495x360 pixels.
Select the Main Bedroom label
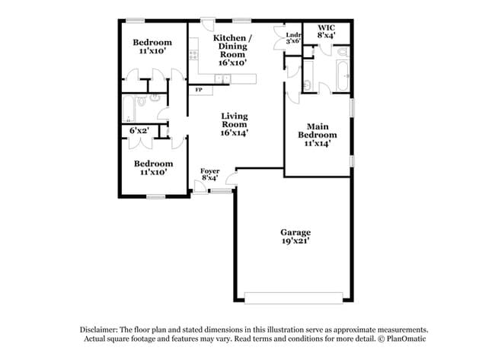click(317, 134)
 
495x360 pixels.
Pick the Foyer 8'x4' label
click(209, 174)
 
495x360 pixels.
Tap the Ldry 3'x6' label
click(294, 38)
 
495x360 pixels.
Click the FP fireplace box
click(200, 90)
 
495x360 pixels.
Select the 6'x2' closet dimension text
click(138, 131)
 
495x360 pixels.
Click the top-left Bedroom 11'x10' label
click(152, 46)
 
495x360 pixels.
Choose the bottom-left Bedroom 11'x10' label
click(153, 167)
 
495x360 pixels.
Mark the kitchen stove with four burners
click(193, 55)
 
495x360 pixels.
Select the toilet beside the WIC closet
click(343, 52)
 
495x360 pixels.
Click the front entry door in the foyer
click(199, 185)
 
